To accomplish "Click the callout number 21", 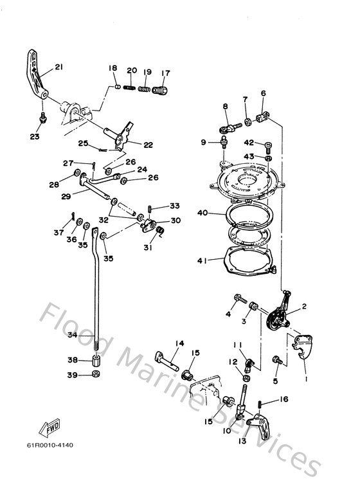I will (59, 67).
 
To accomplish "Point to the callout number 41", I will (202, 260).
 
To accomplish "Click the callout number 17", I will (165, 72).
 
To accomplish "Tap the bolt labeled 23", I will (42, 118).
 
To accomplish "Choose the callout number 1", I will (306, 379).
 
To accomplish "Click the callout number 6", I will (263, 93).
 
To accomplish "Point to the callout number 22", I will (148, 145).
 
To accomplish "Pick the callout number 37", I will (59, 232).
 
